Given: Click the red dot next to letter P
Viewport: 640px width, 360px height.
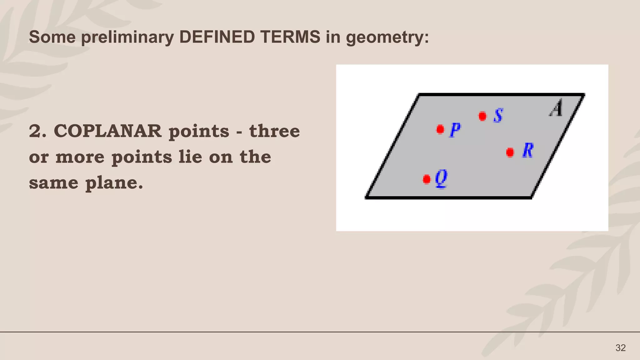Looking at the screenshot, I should click(x=440, y=129).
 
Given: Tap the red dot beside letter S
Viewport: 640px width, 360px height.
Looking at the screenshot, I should click(x=482, y=116).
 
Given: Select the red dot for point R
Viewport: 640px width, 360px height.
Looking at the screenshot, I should click(x=510, y=152).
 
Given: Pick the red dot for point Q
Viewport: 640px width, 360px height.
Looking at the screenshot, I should click(x=427, y=179).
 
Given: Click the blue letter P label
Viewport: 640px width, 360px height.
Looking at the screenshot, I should click(x=455, y=130).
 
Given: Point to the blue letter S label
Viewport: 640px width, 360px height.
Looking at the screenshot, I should click(x=498, y=116).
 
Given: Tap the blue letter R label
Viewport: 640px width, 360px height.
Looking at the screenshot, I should click(x=528, y=151).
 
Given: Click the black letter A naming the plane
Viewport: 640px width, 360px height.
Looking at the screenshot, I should click(x=556, y=108).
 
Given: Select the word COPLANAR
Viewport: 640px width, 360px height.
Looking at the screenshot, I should click(x=108, y=131).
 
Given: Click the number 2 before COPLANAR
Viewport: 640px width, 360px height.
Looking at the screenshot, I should click(x=35, y=131).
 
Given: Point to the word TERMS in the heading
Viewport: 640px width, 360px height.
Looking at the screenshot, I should click(x=290, y=37).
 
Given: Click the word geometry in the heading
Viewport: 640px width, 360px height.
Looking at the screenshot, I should click(x=387, y=37).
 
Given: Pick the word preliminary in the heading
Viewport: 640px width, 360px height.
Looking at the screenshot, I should click(x=127, y=37).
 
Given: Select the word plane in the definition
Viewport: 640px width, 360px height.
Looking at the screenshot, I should click(x=114, y=183).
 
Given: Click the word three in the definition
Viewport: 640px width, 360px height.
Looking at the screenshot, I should click(x=274, y=131).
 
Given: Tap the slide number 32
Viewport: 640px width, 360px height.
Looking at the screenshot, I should click(x=620, y=348).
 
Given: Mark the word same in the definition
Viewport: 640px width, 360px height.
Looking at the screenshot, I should click(x=53, y=183).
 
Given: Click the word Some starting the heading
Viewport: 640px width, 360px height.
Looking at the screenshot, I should click(x=52, y=37).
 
